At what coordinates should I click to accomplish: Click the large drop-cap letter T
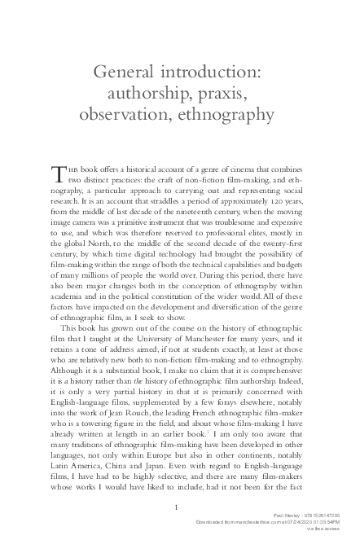pyautogui.click(x=57, y=174)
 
